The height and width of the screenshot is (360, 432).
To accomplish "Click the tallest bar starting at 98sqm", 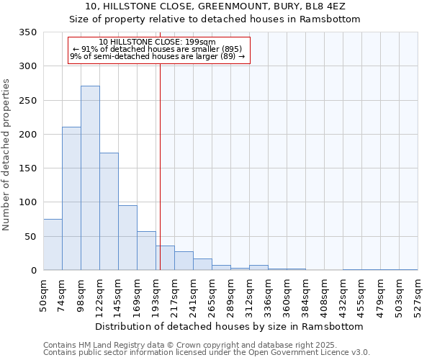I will point(90,178).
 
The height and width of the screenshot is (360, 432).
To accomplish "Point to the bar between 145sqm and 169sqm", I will point(127,238).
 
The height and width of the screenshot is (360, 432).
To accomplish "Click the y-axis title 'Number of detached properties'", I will point(7,155).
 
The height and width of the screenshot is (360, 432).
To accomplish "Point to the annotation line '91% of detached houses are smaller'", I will point(158,50).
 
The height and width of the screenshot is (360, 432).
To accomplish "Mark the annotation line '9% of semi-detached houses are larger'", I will point(158,57).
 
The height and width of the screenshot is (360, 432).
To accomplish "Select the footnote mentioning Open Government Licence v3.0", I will point(207,353).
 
